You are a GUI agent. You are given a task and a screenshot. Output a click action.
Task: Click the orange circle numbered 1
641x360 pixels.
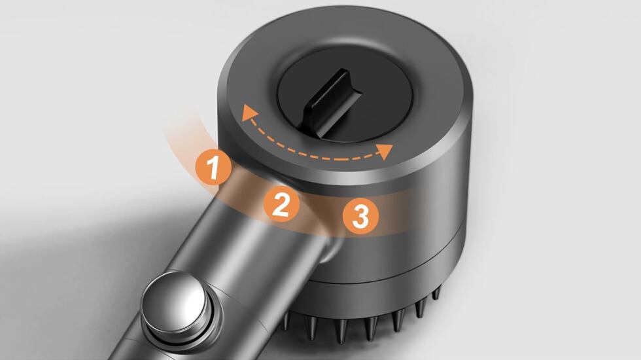pos(213,168)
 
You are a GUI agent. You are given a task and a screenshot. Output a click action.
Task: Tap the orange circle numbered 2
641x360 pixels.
pos(281,204)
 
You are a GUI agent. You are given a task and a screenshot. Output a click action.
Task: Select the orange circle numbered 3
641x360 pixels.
pos(360,215)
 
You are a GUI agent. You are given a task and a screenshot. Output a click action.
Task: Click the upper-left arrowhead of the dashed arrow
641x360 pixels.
pos(247,112)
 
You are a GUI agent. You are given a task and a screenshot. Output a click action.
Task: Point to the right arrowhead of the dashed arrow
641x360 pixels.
pos(385,151)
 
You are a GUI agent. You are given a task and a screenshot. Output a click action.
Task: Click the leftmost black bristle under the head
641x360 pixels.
pos(286,320)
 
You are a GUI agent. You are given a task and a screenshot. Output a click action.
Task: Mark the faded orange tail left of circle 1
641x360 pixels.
pos(184,135)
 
